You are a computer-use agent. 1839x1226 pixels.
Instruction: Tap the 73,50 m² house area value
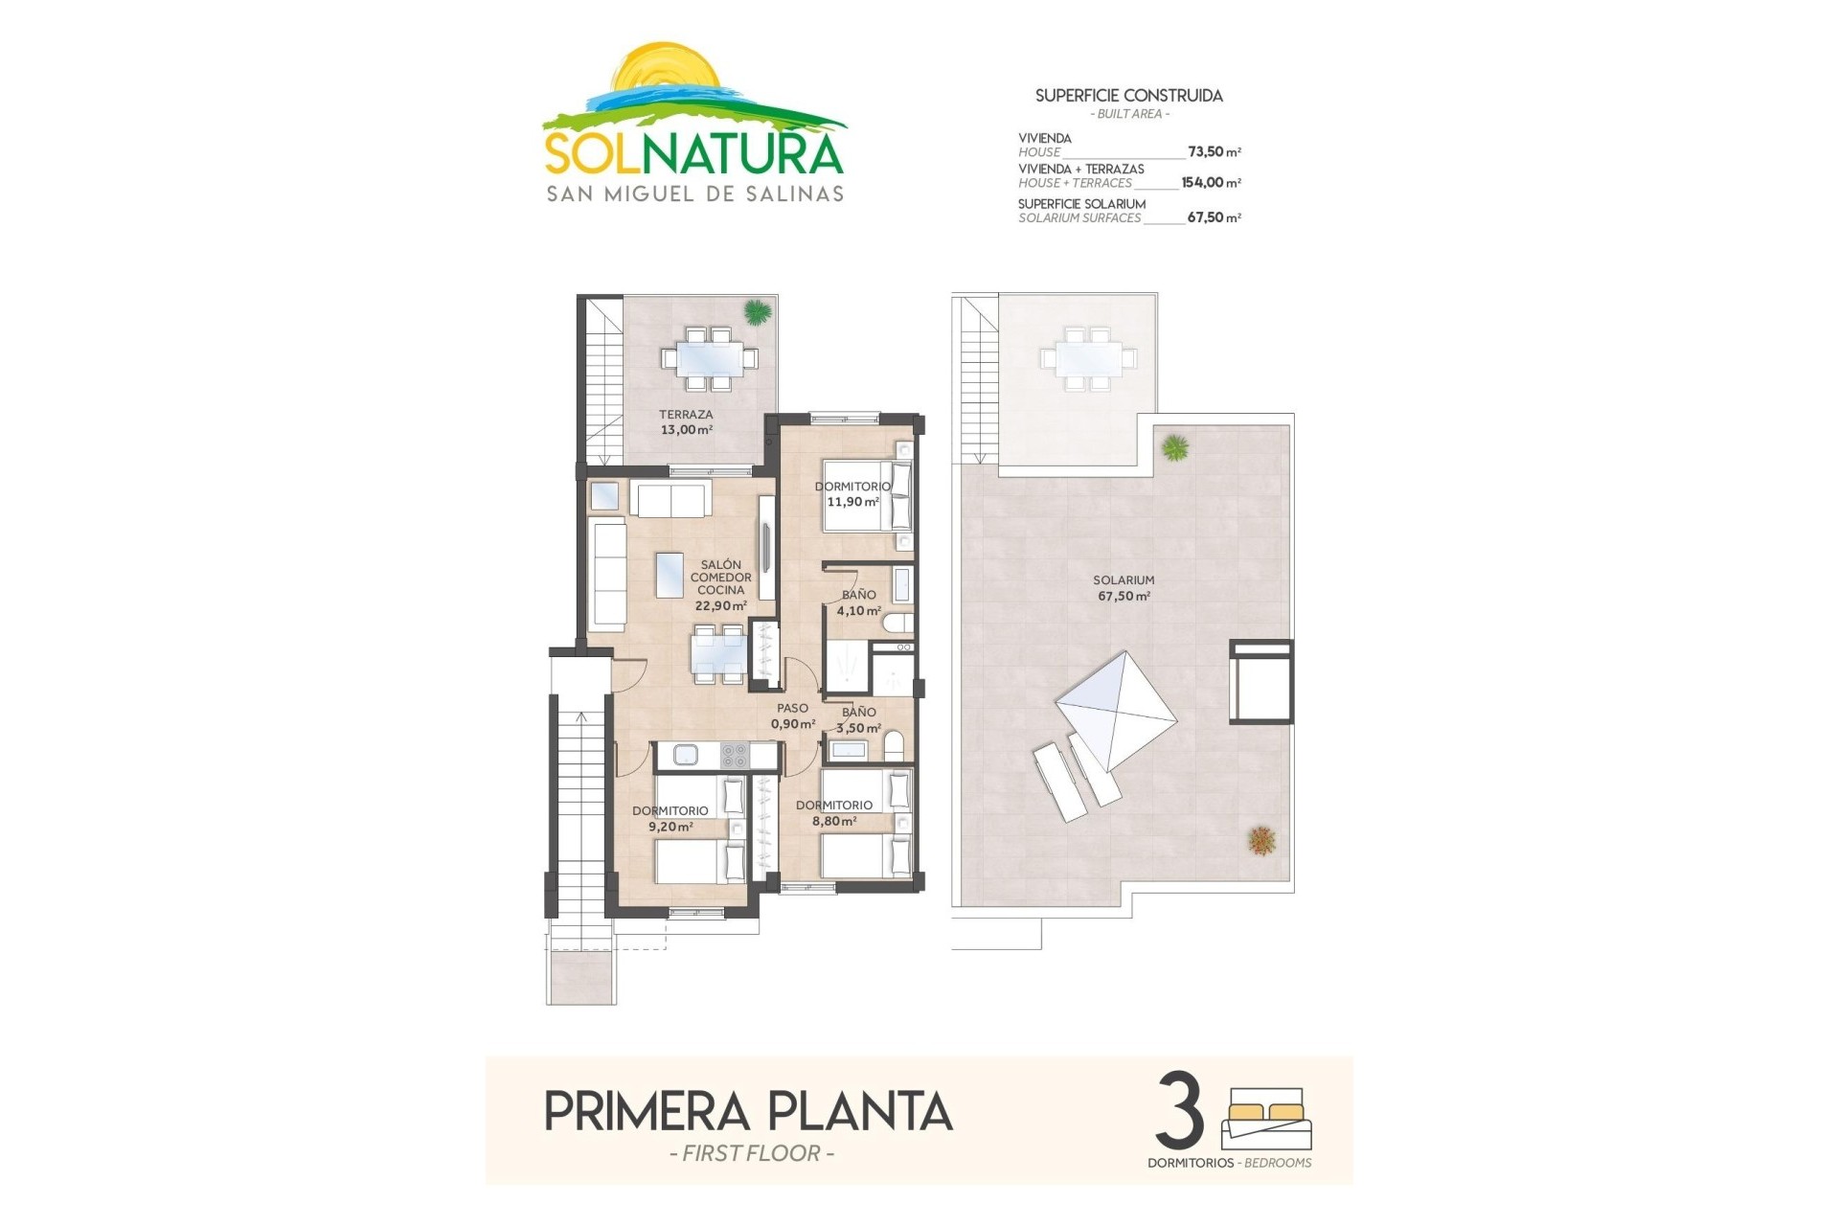point(1214,151)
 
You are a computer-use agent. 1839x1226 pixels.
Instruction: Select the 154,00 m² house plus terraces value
point(1211,182)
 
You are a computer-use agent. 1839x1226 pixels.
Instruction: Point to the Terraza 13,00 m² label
point(686,422)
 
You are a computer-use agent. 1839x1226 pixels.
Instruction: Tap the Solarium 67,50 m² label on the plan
point(1124,588)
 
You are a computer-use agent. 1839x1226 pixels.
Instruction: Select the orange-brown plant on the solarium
point(1261,841)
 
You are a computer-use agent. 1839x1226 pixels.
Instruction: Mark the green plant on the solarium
point(1175,446)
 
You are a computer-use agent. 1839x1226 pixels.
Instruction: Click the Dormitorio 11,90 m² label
point(851,494)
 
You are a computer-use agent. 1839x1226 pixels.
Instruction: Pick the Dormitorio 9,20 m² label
point(670,818)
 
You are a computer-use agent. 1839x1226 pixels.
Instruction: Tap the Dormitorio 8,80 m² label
point(833,812)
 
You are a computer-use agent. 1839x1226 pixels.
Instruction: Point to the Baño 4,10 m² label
point(858,602)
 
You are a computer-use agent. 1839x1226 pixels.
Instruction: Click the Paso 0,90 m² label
point(793,716)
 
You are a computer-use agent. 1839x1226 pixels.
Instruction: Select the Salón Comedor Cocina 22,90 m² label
point(720,585)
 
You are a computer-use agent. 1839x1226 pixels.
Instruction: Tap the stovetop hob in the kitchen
point(734,756)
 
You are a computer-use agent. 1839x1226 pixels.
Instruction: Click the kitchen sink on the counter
point(686,755)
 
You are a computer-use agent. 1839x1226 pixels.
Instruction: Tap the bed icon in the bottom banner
point(1266,1118)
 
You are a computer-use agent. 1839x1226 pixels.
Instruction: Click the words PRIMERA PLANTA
point(748,1112)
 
